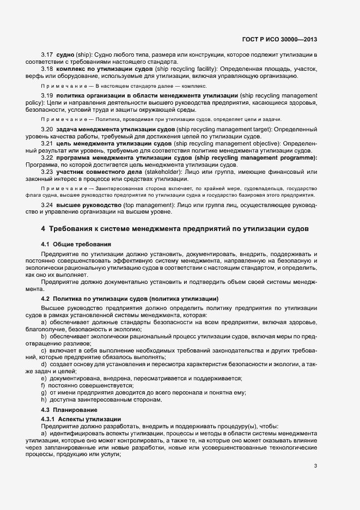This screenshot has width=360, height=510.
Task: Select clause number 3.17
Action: (x=47, y=56)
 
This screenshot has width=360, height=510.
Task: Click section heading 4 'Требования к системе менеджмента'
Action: (x=175, y=228)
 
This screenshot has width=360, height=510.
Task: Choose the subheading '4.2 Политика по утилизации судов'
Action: (x=130, y=299)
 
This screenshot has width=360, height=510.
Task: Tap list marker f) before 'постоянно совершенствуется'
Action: (x=44, y=385)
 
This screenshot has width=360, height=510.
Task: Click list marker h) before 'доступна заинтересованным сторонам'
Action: (x=44, y=400)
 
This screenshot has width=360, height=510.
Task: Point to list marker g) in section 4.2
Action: (x=44, y=393)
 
